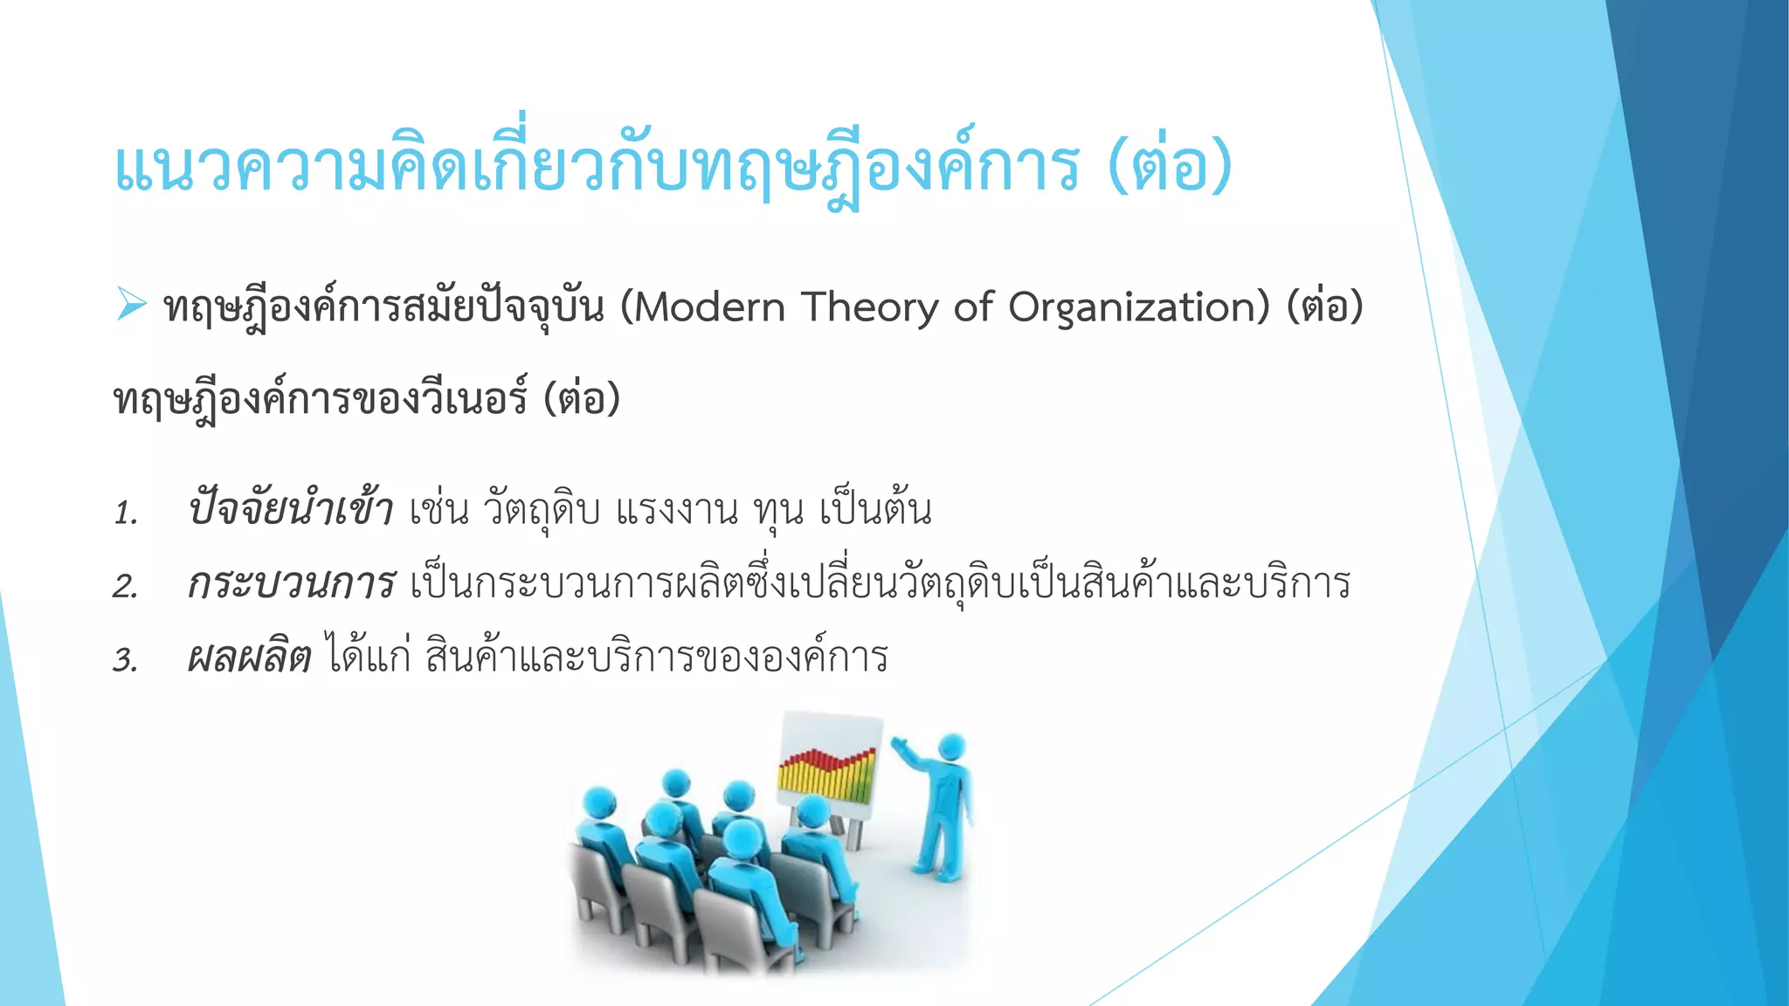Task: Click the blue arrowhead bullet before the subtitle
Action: [x=131, y=305]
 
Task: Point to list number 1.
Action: [x=126, y=513]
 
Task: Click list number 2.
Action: [x=126, y=586]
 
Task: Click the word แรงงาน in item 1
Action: [x=677, y=511]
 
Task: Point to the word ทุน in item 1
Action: [x=778, y=511]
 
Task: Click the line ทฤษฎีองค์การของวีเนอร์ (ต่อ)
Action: [x=367, y=400]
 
